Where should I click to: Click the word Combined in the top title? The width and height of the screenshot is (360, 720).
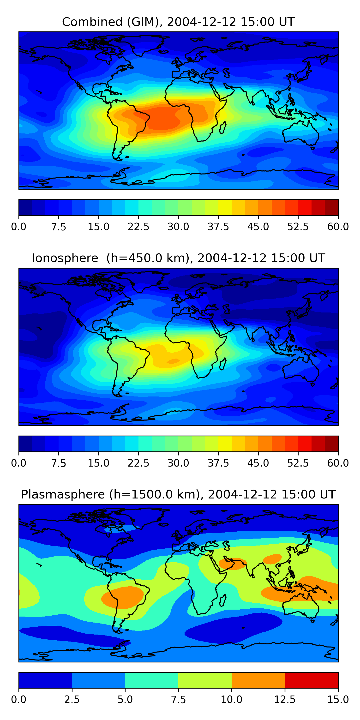pyautogui.click(x=92, y=22)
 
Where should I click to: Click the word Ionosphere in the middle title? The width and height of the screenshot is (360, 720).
pyautogui.click(x=65, y=258)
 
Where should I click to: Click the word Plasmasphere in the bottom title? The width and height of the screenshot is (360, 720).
pyautogui.click(x=63, y=494)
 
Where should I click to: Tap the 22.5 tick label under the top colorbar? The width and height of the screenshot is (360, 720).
pyautogui.click(x=138, y=227)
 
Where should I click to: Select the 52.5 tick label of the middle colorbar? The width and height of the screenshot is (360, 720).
pyautogui.click(x=298, y=463)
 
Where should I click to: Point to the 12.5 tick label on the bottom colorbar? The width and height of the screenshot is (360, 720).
pyautogui.click(x=285, y=700)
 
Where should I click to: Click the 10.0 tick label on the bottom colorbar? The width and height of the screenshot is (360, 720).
pyautogui.click(x=231, y=700)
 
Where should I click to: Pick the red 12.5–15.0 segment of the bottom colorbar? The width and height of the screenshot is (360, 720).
pyautogui.click(x=311, y=680)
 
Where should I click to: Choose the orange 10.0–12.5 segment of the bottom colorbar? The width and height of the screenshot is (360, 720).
pyautogui.click(x=258, y=680)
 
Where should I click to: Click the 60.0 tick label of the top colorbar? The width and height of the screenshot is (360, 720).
pyautogui.click(x=338, y=227)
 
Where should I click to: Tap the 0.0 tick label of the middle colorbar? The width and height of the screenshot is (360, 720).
pyautogui.click(x=19, y=463)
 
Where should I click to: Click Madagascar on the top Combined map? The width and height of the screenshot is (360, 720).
pyautogui.click(x=223, y=127)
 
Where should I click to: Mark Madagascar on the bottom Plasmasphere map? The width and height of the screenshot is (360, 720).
pyautogui.click(x=223, y=600)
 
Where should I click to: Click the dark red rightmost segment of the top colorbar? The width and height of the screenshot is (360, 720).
pyautogui.click(x=331, y=207)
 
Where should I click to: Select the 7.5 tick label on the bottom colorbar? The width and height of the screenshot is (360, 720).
pyautogui.click(x=178, y=700)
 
